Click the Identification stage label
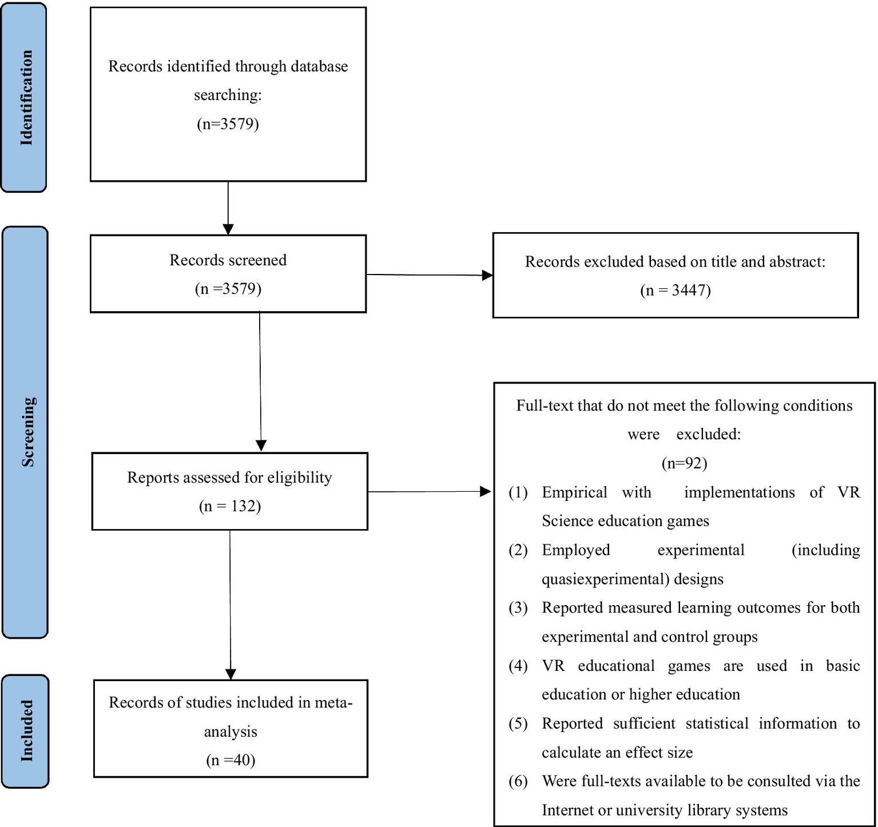24,97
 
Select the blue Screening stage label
26,432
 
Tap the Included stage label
26,731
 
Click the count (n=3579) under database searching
228,124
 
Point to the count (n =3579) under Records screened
228,289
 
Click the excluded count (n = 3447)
675,291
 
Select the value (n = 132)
230,506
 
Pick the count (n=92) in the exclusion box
684,463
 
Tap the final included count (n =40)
231,760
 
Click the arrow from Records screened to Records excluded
429,275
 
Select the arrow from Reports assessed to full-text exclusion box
429,491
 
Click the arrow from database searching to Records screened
228,208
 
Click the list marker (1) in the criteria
518,492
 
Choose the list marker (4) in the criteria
518,666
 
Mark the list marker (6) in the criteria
518,781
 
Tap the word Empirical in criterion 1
574,492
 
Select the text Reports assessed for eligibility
229,478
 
